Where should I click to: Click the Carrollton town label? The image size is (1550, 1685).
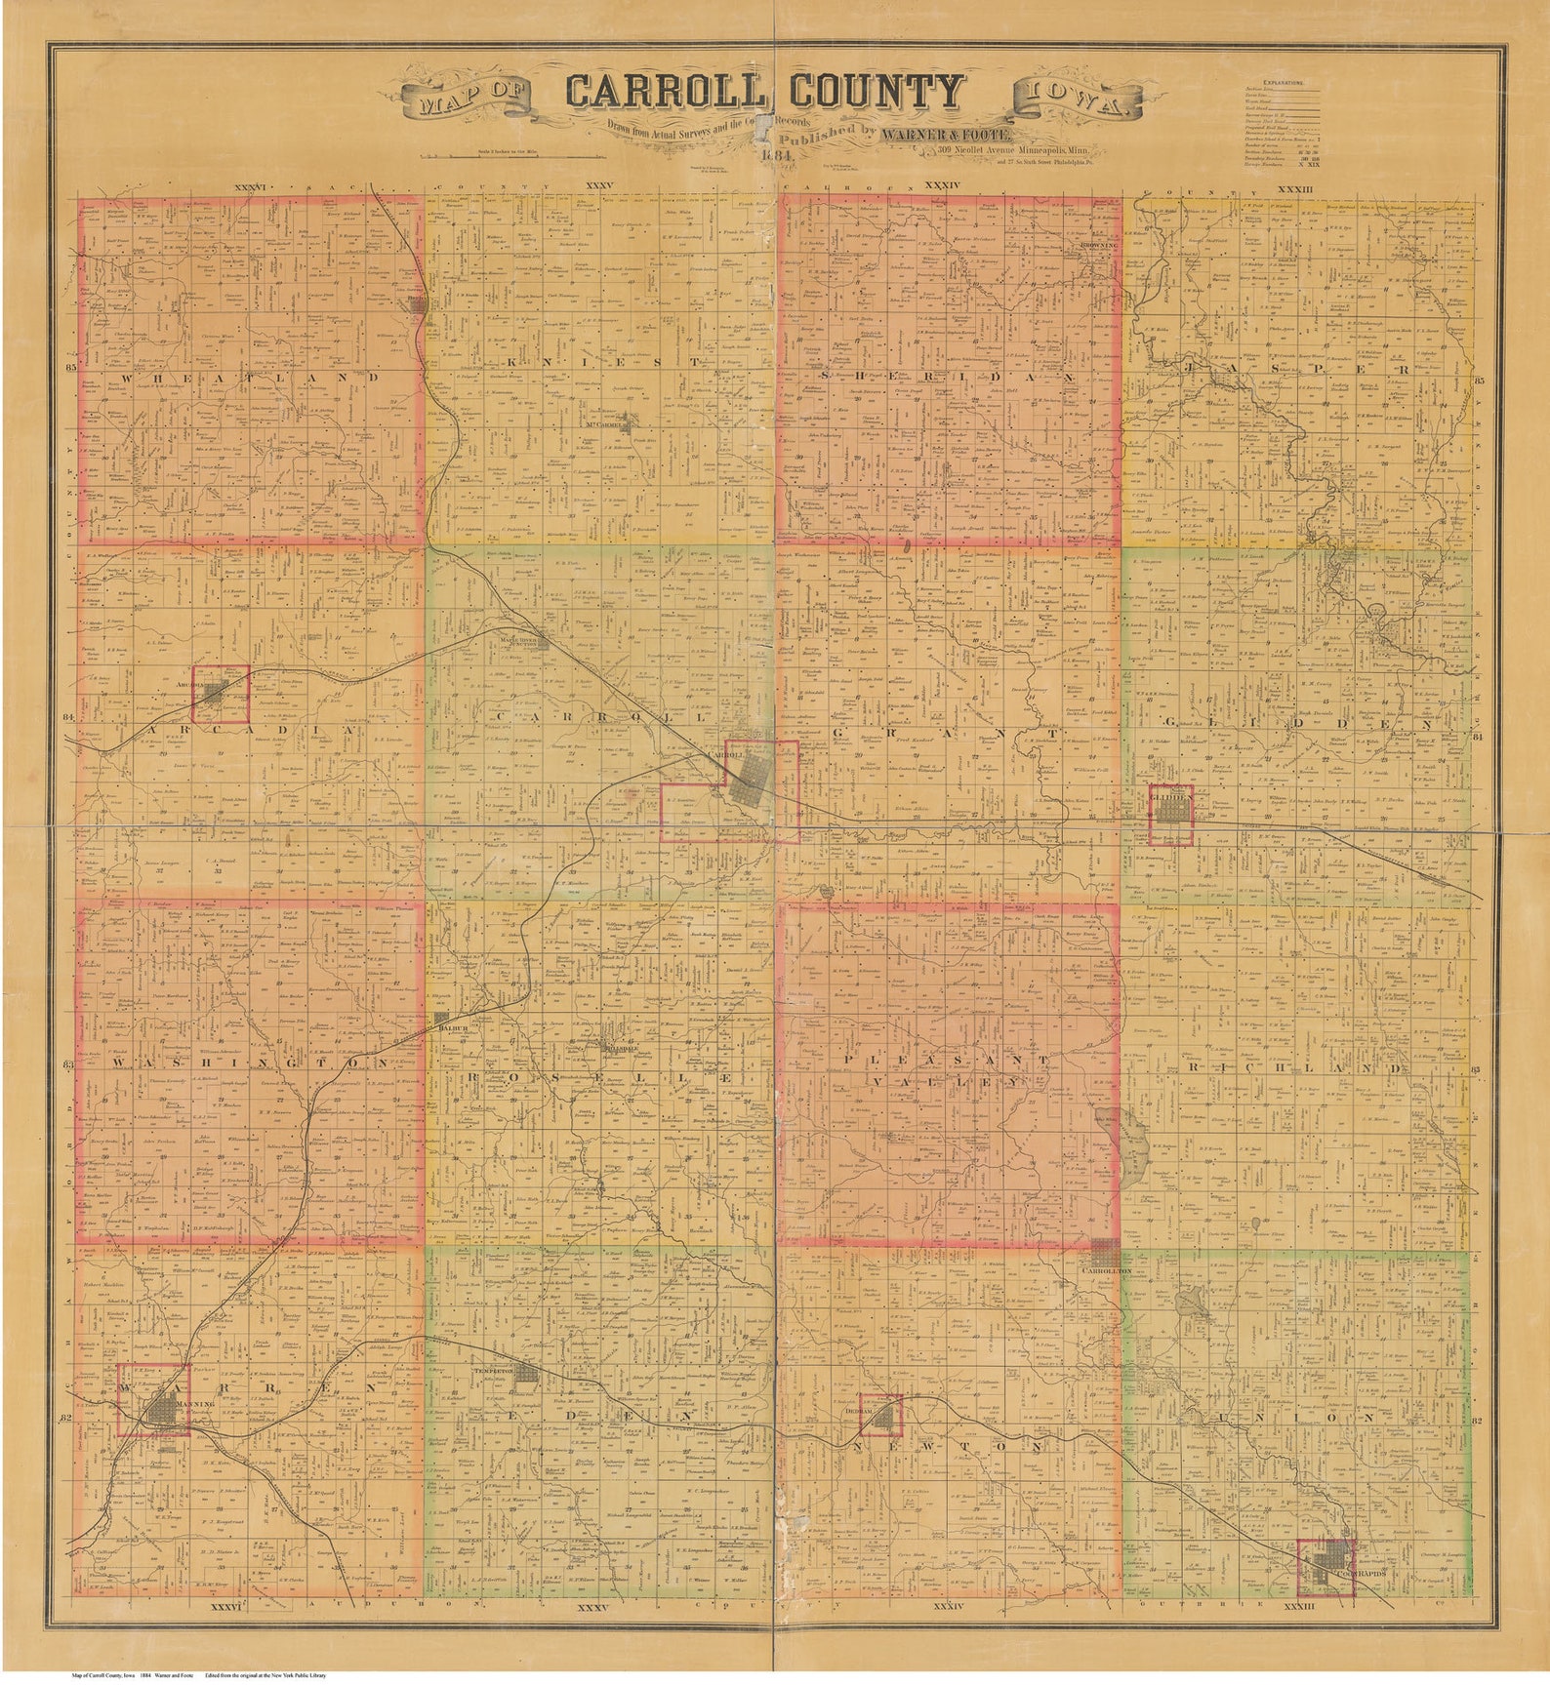[x=1105, y=1273]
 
